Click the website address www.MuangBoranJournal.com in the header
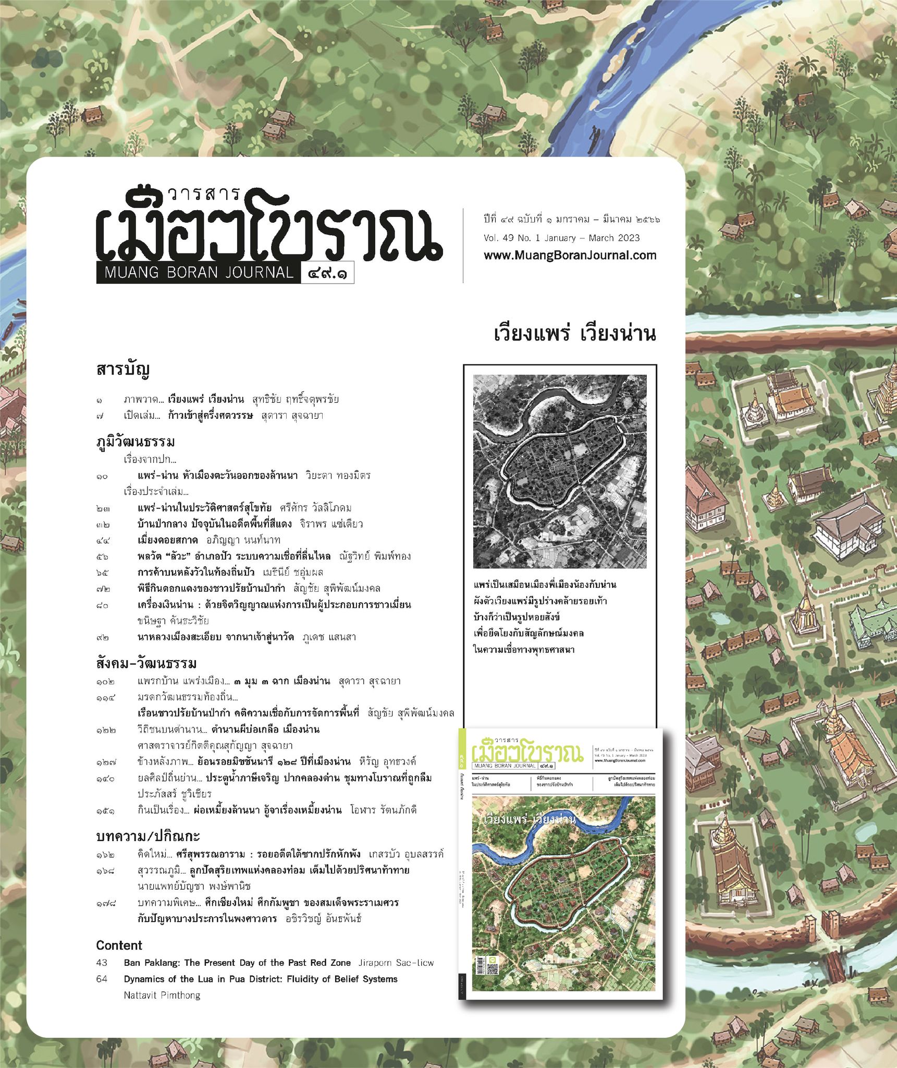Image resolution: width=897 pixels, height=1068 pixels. click(x=570, y=256)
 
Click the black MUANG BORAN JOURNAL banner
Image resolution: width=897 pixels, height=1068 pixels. click(x=199, y=273)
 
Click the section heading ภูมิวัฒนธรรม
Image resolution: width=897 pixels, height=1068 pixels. click(x=136, y=442)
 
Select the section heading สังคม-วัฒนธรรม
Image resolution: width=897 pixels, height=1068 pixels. click(x=146, y=663)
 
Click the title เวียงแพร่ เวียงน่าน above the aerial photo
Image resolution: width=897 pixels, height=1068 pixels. click(x=574, y=334)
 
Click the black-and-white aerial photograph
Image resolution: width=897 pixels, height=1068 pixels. click(x=560, y=471)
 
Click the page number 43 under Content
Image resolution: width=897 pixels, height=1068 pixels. click(x=102, y=963)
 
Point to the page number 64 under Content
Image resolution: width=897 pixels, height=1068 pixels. click(x=102, y=979)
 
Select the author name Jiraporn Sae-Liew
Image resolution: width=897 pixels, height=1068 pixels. click(x=396, y=963)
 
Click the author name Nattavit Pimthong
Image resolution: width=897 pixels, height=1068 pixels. click(x=162, y=995)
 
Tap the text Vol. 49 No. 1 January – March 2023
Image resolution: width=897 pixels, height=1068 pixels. click(x=561, y=238)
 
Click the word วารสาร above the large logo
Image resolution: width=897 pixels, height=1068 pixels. click(x=203, y=194)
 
